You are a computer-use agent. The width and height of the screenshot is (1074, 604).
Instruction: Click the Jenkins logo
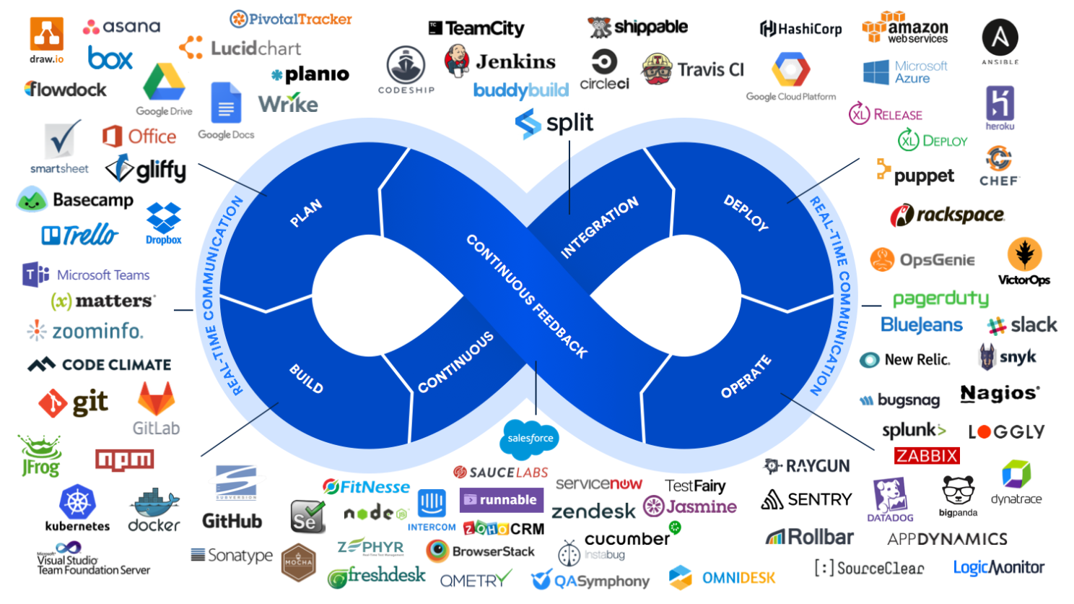499,61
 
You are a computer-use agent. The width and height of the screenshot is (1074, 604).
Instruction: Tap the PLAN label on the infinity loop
306,213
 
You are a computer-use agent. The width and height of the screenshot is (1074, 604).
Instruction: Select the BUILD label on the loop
306,379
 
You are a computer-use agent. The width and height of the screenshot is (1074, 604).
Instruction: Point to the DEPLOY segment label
746,212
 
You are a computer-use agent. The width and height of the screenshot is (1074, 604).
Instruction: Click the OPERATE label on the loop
746,376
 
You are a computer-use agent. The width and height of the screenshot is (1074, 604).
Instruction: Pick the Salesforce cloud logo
530,438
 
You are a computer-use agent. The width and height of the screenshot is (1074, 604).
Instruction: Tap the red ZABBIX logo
927,456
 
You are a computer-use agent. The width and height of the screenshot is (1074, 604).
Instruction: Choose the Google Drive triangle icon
165,83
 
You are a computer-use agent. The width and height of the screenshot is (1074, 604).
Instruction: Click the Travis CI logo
692,69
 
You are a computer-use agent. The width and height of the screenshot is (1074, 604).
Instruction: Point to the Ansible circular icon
1000,38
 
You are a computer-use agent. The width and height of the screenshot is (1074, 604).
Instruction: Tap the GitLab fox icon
156,399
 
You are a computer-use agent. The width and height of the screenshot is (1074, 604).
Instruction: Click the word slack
1034,325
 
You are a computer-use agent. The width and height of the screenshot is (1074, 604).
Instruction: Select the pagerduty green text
940,298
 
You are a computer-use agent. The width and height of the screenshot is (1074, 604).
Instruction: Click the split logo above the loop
554,124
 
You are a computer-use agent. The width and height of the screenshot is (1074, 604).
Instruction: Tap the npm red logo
124,459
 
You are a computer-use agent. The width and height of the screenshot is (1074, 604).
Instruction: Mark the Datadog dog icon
889,496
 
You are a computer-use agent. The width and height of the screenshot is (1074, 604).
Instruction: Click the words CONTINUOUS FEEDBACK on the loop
526,295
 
